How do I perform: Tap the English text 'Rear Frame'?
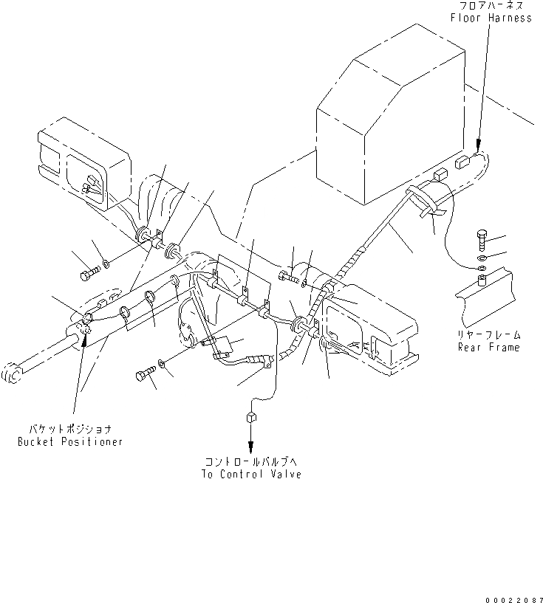tap(488, 347)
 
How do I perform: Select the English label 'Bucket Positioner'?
tap(70, 441)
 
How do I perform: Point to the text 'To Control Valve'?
tap(251, 474)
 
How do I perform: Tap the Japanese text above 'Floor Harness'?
tap(494, 6)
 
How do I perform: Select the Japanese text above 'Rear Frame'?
tap(488, 334)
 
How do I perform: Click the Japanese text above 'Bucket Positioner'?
tap(70, 429)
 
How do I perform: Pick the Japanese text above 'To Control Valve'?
tap(251, 461)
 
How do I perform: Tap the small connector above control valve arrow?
tap(251, 418)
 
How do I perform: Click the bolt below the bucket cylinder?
tap(143, 376)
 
